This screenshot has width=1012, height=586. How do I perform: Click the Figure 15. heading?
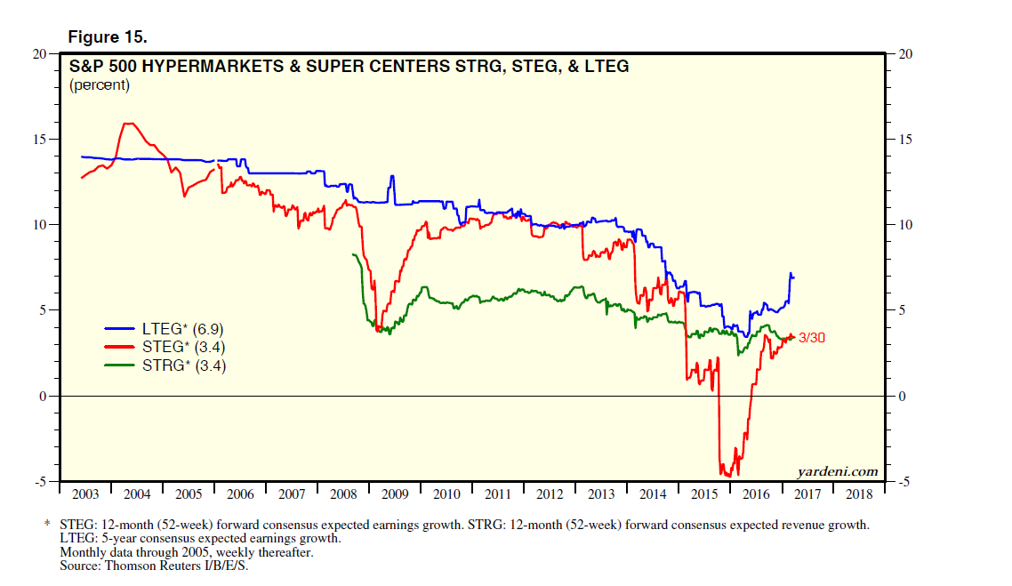click(108, 37)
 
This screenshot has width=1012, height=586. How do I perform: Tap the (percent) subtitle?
click(99, 85)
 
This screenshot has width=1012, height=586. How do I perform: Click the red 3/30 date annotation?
click(812, 337)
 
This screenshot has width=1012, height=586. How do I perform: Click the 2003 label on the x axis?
click(85, 494)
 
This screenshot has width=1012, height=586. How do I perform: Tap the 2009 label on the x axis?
click(395, 494)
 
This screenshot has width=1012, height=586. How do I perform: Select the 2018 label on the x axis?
click(860, 494)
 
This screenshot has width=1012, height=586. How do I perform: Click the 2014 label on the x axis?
click(654, 494)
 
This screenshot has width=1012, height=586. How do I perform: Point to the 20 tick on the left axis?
click(39, 54)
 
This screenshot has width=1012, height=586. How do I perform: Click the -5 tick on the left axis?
click(39, 482)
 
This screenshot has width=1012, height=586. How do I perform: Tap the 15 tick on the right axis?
click(906, 140)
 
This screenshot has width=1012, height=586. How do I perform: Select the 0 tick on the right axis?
click(902, 397)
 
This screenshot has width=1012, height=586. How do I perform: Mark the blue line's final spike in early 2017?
click(791, 274)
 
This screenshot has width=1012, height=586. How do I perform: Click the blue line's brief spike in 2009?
click(391, 177)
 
